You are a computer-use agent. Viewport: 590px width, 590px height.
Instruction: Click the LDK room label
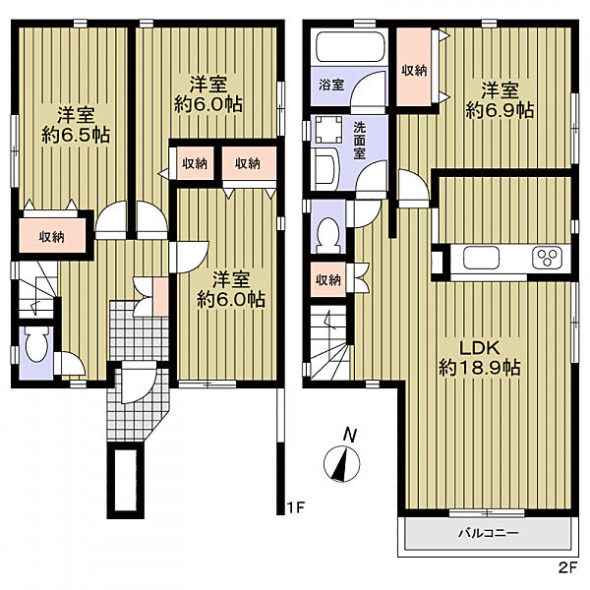480,348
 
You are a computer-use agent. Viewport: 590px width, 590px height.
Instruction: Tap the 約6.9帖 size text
501,110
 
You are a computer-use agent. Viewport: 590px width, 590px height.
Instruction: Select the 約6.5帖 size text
76,135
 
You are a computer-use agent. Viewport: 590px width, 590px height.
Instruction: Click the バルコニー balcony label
488,533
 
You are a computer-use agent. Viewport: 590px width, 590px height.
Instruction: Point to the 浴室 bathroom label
331,85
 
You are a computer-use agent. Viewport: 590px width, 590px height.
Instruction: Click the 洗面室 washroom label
360,141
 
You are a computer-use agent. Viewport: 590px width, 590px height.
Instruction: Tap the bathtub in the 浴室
350,46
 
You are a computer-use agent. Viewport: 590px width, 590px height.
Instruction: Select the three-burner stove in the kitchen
547,258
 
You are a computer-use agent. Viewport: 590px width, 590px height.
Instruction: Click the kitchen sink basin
481,258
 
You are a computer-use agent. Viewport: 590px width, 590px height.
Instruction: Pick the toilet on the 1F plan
36,344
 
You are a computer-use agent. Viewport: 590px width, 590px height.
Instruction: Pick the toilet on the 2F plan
328,235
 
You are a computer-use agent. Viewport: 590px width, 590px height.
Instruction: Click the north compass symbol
341,464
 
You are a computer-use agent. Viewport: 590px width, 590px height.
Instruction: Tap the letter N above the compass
350,436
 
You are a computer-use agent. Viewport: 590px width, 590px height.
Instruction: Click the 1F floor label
295,508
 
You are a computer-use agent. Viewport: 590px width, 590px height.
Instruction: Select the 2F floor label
567,567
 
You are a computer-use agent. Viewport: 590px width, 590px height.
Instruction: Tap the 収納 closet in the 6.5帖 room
52,236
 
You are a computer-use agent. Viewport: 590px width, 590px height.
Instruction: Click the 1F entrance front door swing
139,383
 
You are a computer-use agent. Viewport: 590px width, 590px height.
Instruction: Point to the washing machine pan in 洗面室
328,130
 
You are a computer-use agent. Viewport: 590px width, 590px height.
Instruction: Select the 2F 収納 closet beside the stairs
328,280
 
